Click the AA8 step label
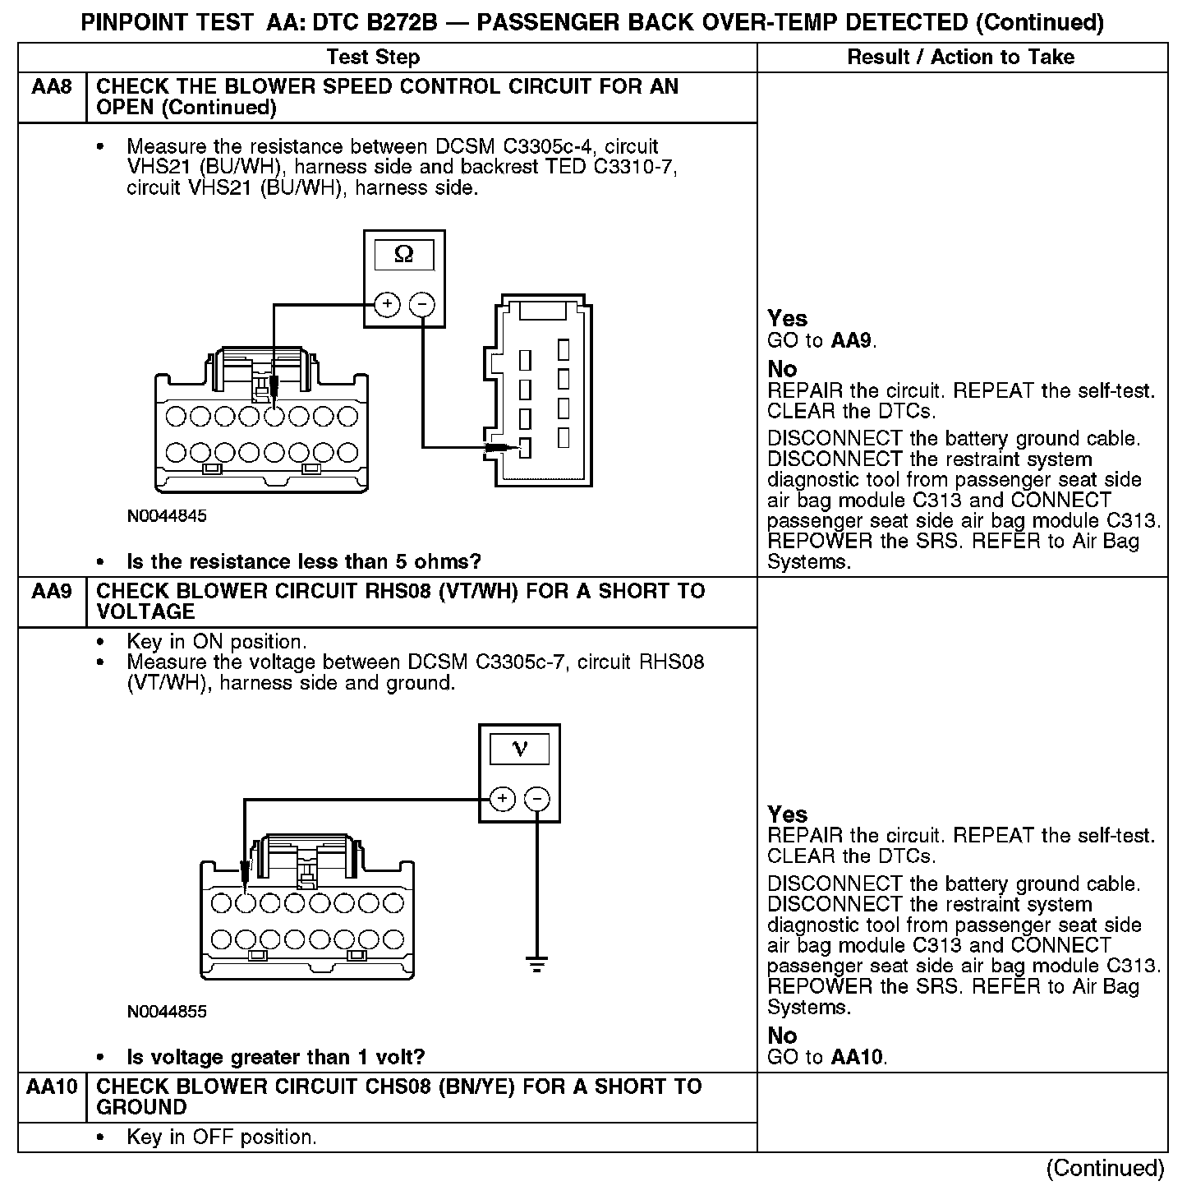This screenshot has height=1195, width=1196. (51, 87)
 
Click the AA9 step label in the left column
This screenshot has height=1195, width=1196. (51, 592)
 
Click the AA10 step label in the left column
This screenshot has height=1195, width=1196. (51, 1087)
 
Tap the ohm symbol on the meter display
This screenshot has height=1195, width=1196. (403, 255)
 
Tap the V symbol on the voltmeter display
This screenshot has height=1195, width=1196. (519, 749)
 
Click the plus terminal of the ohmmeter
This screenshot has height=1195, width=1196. (387, 305)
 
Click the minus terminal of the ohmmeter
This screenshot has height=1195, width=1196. (421, 305)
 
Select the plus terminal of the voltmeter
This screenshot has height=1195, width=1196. (502, 799)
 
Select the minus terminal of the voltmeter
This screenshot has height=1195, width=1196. (536, 799)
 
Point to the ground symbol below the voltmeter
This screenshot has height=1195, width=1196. (536, 963)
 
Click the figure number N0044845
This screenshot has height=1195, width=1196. (167, 516)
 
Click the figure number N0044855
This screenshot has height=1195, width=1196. (167, 1012)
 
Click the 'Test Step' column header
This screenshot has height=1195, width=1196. (373, 57)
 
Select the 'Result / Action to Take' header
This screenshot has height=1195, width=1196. (960, 57)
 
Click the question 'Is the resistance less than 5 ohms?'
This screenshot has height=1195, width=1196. (303, 562)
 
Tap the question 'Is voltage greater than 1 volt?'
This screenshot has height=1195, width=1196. (275, 1057)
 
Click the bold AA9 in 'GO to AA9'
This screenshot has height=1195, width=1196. (850, 340)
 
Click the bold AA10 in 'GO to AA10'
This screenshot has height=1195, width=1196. (858, 1057)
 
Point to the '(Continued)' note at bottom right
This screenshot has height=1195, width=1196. (1105, 1168)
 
